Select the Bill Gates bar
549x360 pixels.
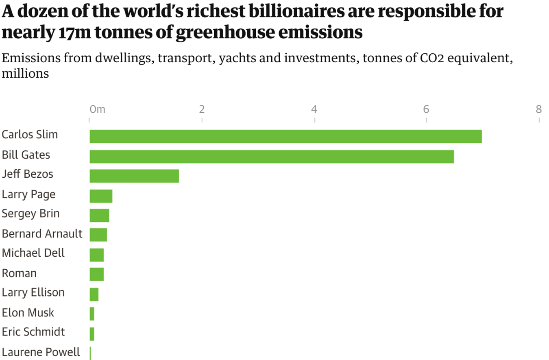[x=272, y=156]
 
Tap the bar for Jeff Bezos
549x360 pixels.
[x=134, y=176]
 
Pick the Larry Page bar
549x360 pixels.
[x=101, y=196]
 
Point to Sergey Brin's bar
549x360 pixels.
[x=99, y=215]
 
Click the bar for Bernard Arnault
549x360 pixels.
[x=98, y=235]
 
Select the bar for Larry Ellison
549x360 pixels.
[x=94, y=294]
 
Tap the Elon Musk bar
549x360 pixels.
[x=92, y=314]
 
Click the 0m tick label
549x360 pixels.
[x=98, y=109]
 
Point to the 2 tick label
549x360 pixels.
[x=202, y=109]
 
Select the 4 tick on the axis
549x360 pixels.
[x=314, y=109]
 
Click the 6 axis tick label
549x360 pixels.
[x=426, y=109]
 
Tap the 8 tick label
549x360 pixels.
[x=539, y=109]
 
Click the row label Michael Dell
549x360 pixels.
[x=33, y=253]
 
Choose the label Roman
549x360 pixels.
[x=19, y=273]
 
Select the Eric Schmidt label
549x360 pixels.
[x=33, y=332]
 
